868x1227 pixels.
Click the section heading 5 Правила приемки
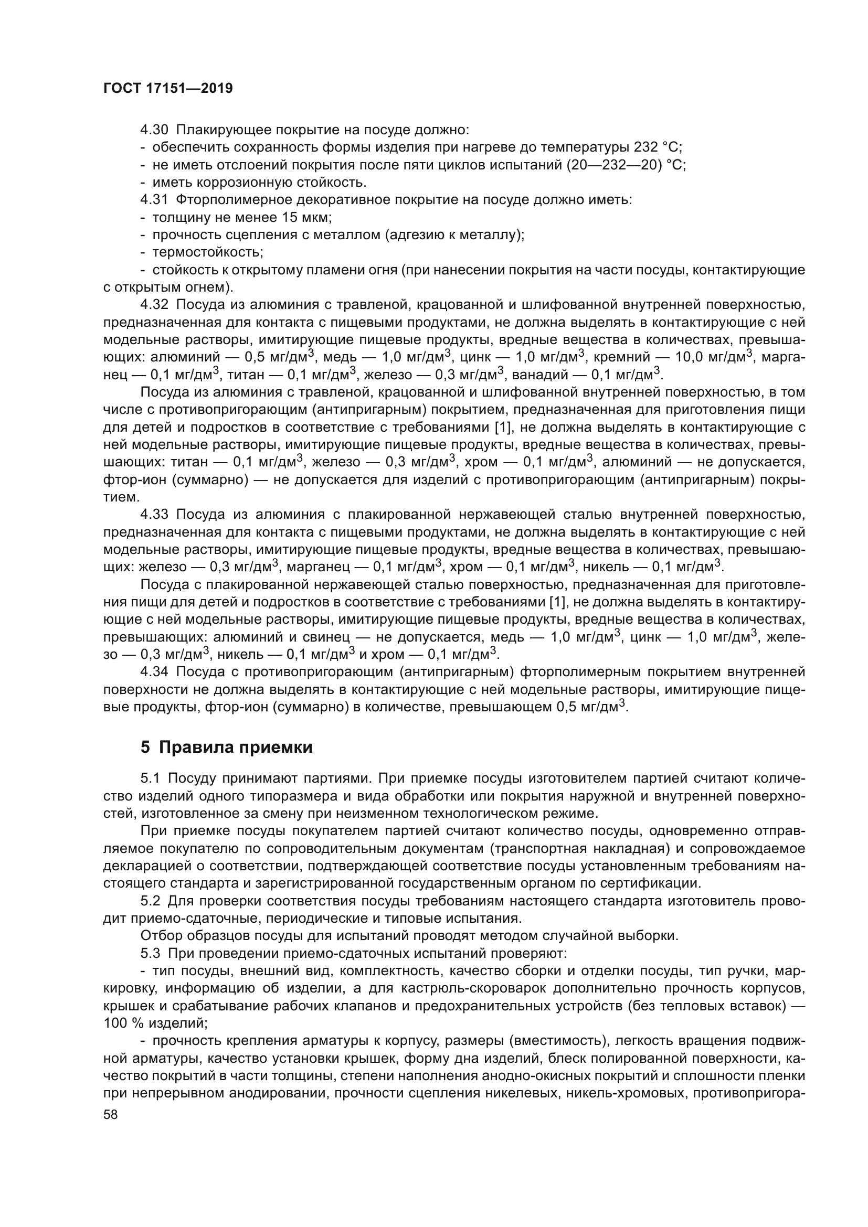(226, 747)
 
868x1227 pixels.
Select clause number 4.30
(154, 130)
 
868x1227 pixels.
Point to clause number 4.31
(154, 200)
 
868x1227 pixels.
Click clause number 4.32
(154, 305)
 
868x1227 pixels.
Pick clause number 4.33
(154, 515)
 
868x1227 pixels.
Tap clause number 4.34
(154, 672)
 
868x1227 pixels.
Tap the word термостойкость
(207, 252)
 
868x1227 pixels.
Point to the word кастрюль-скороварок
(464, 989)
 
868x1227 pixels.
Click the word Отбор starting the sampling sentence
(160, 936)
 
